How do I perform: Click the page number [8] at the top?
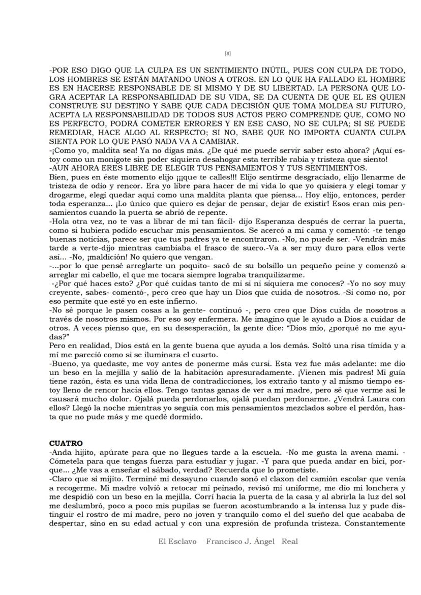tap(228, 53)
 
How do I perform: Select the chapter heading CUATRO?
tap(66, 444)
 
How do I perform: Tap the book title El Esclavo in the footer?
tap(177, 542)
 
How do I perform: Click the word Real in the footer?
tap(289, 542)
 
